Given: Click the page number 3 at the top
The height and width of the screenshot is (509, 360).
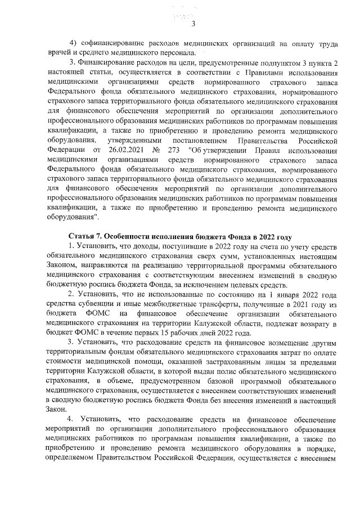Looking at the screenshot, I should point(192,23).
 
